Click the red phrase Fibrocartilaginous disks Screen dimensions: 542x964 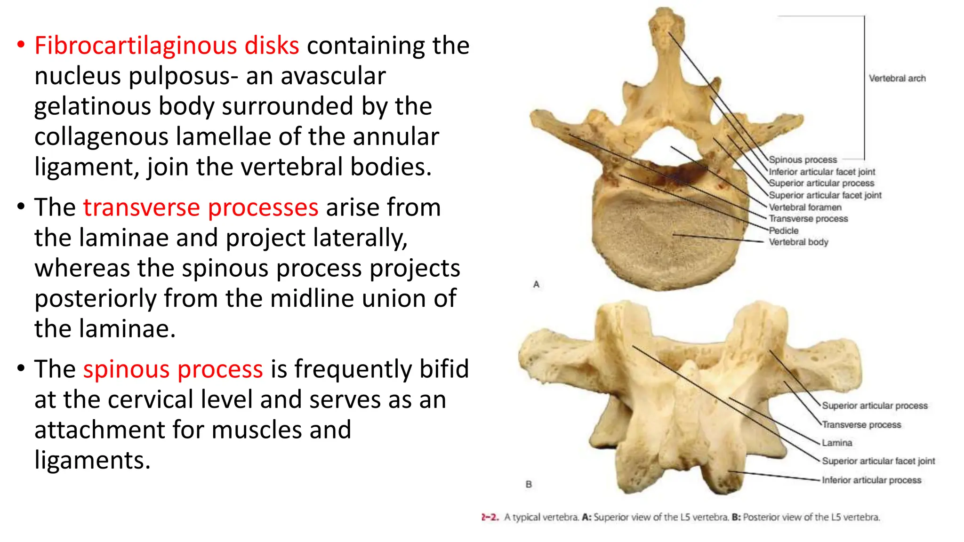click(x=167, y=46)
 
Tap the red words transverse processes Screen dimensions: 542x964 click(x=201, y=207)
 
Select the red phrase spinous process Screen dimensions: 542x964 click(x=173, y=369)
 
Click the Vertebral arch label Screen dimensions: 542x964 click(x=897, y=79)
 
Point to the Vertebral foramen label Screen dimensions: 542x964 click(x=805, y=207)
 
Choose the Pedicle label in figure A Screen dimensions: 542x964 click(x=784, y=231)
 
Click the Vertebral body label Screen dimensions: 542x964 click(x=798, y=242)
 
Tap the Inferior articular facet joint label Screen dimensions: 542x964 click(x=822, y=172)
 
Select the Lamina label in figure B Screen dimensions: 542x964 click(x=837, y=443)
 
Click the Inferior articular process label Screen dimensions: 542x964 click(x=871, y=480)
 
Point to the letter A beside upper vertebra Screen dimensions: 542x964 click(x=536, y=285)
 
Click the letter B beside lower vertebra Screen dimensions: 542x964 click(x=529, y=484)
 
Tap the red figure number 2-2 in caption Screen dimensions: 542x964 click(x=490, y=517)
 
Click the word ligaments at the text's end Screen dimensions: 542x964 click(x=92, y=460)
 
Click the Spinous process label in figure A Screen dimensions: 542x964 click(x=803, y=160)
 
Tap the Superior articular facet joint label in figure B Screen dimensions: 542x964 click(x=878, y=462)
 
